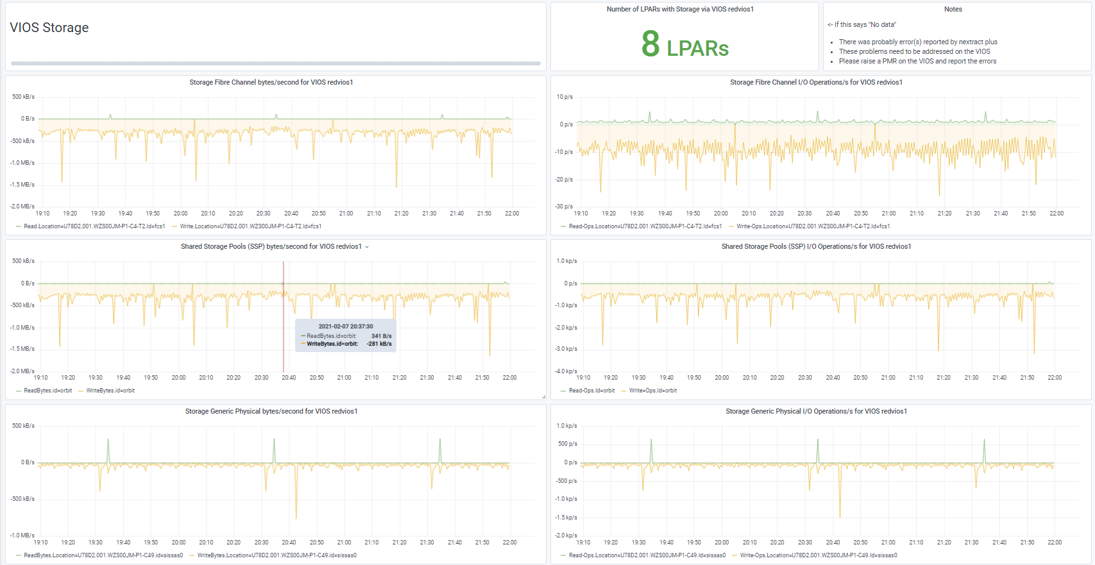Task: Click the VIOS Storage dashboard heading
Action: click(49, 28)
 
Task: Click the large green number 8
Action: click(650, 44)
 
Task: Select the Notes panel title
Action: click(953, 9)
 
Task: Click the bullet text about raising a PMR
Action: click(917, 62)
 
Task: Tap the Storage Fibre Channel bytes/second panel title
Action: click(271, 82)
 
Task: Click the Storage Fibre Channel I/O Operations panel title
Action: click(816, 82)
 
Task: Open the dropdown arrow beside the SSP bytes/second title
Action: click(367, 247)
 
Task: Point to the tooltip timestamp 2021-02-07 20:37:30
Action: click(346, 326)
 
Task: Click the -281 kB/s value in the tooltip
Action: click(379, 344)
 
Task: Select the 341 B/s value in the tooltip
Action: click(381, 336)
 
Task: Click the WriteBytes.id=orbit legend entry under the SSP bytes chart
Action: click(110, 391)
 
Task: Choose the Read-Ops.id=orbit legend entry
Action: click(591, 391)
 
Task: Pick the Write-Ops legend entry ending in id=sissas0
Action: click(819, 555)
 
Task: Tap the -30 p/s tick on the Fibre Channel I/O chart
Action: click(564, 207)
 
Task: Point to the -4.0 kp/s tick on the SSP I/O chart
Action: click(566, 371)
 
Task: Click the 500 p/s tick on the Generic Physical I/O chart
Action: click(567, 444)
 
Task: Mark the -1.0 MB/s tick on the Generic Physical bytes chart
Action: click(22, 535)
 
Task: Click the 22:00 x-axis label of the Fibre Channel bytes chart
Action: click(512, 214)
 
